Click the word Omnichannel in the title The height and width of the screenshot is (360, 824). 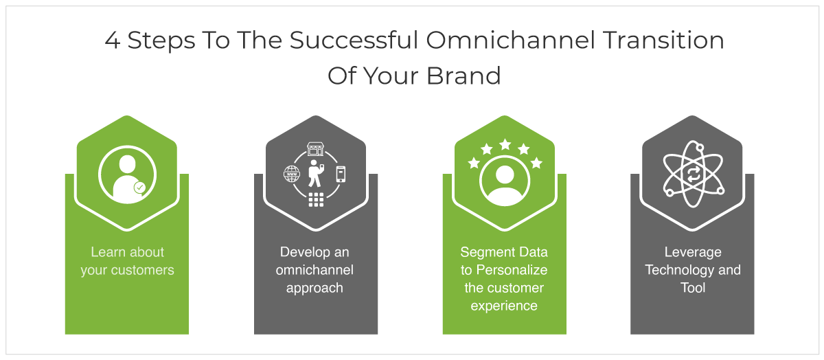511,40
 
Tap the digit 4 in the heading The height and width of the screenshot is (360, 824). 113,41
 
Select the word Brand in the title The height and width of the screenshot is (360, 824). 463,76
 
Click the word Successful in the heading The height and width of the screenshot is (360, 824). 354,40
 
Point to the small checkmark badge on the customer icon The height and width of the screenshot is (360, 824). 139,188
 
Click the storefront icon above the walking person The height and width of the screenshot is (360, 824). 315,149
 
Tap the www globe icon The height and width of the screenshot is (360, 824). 292,174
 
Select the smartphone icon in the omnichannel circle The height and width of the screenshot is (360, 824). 341,174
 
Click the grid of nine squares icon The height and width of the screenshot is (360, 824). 316,199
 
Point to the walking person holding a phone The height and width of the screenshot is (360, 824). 316,174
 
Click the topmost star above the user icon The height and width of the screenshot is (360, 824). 505,145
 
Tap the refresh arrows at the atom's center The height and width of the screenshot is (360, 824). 693,174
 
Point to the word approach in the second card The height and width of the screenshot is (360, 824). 314,289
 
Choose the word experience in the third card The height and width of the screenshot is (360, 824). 504,306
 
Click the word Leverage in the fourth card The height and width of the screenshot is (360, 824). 693,252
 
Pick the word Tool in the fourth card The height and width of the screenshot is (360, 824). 693,288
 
